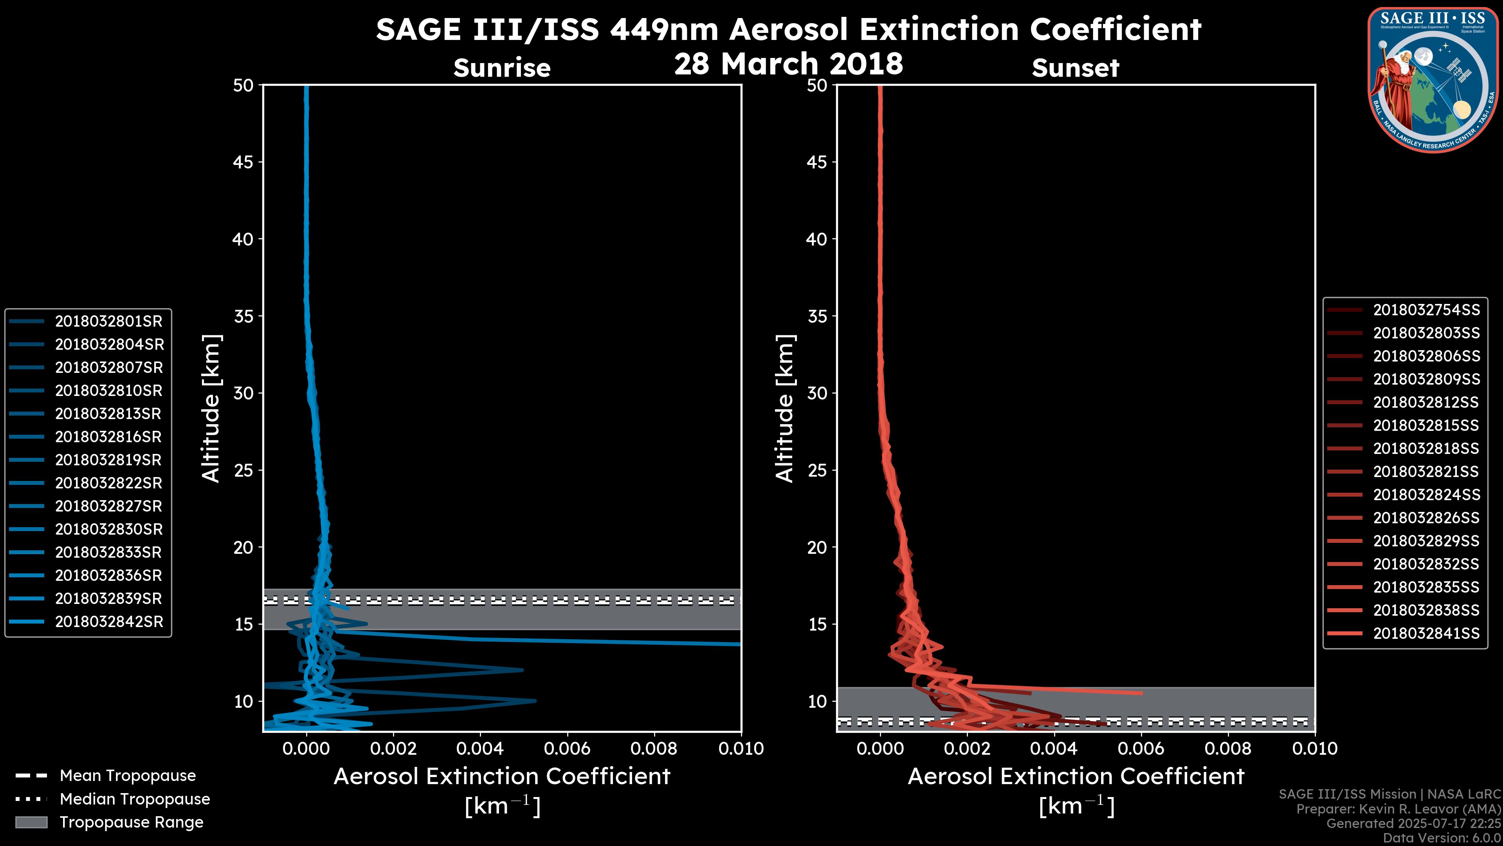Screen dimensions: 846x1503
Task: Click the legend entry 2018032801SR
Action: pyautogui.click(x=108, y=321)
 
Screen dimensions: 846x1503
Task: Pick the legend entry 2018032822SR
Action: pyautogui.click(x=108, y=483)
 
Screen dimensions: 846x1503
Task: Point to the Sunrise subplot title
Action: pyautogui.click(x=502, y=68)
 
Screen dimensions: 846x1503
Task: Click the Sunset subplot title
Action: pyautogui.click(x=1075, y=68)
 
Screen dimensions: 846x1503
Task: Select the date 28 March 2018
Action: pyautogui.click(x=788, y=63)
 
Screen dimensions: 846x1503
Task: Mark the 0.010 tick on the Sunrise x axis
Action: pyautogui.click(x=741, y=748)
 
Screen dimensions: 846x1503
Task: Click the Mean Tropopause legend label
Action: pyautogui.click(x=128, y=776)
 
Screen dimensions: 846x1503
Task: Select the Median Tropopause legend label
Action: pyautogui.click(x=135, y=799)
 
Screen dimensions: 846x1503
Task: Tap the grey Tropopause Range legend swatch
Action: pyautogui.click(x=31, y=822)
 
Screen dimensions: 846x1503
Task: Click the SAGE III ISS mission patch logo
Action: pyautogui.click(x=1434, y=79)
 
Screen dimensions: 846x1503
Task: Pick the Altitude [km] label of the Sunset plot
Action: pyautogui.click(x=785, y=409)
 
